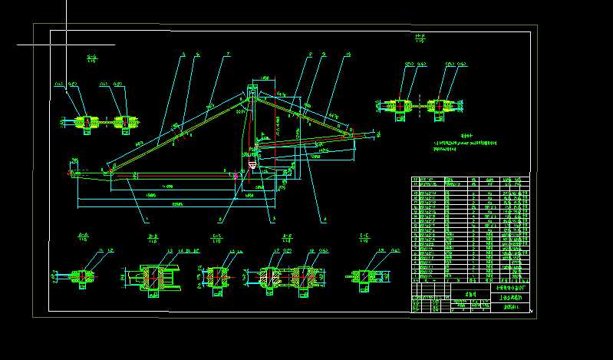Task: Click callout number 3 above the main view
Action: coord(184,54)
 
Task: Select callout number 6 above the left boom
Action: coord(198,54)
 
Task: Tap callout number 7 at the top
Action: coord(228,54)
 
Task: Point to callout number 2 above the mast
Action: coord(310,54)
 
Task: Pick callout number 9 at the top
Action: coord(325,54)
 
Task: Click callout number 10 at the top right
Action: coord(348,54)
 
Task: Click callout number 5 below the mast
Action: coord(273,220)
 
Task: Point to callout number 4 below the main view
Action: coord(325,220)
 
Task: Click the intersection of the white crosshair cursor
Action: coord(66,45)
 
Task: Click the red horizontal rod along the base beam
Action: coord(173,174)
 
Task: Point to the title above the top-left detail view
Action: coord(92,58)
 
